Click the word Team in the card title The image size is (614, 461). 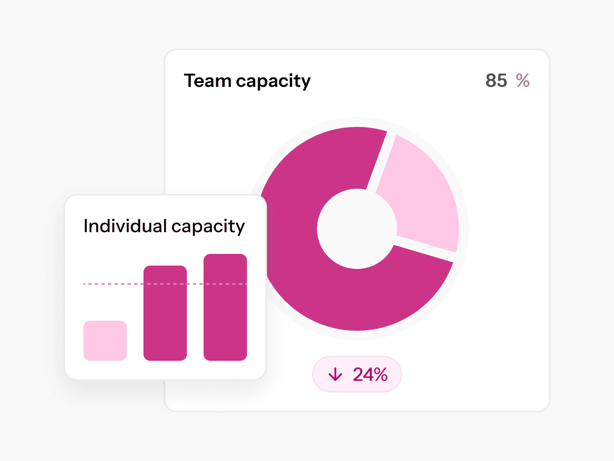coord(207,81)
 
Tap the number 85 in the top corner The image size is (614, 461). coord(496,81)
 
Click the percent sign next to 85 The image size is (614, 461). coord(523,81)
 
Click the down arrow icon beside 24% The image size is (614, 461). coord(335,375)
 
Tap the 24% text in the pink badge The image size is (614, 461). coord(370,375)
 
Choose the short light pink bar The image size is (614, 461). coord(105,341)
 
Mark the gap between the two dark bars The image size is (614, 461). coord(195,323)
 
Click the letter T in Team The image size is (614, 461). coord(190,81)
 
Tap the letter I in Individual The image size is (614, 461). coord(86,226)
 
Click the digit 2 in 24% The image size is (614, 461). coord(359,375)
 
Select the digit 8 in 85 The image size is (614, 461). coord(491,81)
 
